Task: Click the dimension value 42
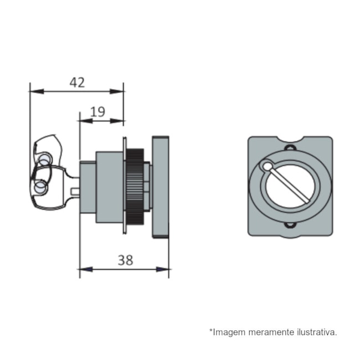77,83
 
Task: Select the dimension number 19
97,112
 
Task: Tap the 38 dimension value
126,260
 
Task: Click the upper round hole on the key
44,160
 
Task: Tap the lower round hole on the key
40,188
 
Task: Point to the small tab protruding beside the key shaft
76,192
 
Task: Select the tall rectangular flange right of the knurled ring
160,186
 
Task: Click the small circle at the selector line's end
268,166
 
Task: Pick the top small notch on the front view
289,147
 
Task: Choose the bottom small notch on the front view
289,225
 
